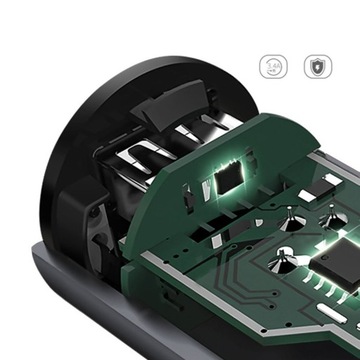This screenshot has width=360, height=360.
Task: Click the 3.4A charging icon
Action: click(273, 67)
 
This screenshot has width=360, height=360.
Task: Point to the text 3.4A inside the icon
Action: click(273, 67)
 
